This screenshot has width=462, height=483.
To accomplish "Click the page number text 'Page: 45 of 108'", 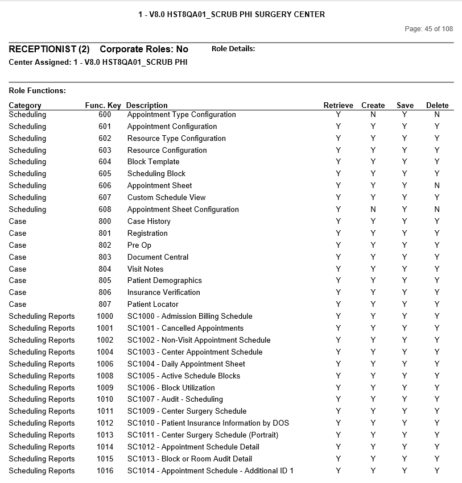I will (x=428, y=29).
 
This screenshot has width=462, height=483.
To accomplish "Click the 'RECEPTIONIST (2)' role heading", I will (x=49, y=49).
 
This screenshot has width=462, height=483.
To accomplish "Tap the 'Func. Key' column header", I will (x=103, y=105).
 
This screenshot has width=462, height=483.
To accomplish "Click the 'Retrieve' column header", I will (x=338, y=105).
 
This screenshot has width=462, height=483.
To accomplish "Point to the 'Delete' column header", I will (x=437, y=105).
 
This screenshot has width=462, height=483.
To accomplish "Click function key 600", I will (x=105, y=115).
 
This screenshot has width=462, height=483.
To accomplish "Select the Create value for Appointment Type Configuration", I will (x=373, y=115).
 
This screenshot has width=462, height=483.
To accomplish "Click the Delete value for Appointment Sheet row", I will (x=437, y=186).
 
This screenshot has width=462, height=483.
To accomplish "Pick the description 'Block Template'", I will (x=153, y=162).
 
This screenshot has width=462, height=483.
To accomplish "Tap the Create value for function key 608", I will (x=373, y=210).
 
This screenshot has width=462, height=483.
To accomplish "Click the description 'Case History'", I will (x=148, y=222).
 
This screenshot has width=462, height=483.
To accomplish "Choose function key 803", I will (x=105, y=257).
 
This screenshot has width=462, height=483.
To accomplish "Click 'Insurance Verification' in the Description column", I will (x=163, y=293).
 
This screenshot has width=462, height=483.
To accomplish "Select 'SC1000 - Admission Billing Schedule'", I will (x=189, y=317).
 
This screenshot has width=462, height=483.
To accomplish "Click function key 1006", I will (x=105, y=364).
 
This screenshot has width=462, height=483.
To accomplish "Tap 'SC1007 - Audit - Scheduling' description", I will (x=175, y=399).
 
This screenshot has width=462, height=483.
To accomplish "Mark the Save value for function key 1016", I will (x=405, y=471).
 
